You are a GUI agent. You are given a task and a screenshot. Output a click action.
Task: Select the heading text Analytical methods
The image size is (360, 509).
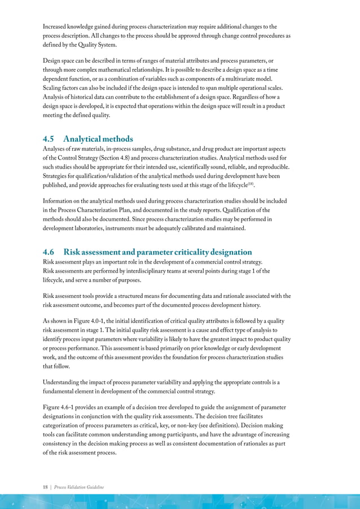98,138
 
